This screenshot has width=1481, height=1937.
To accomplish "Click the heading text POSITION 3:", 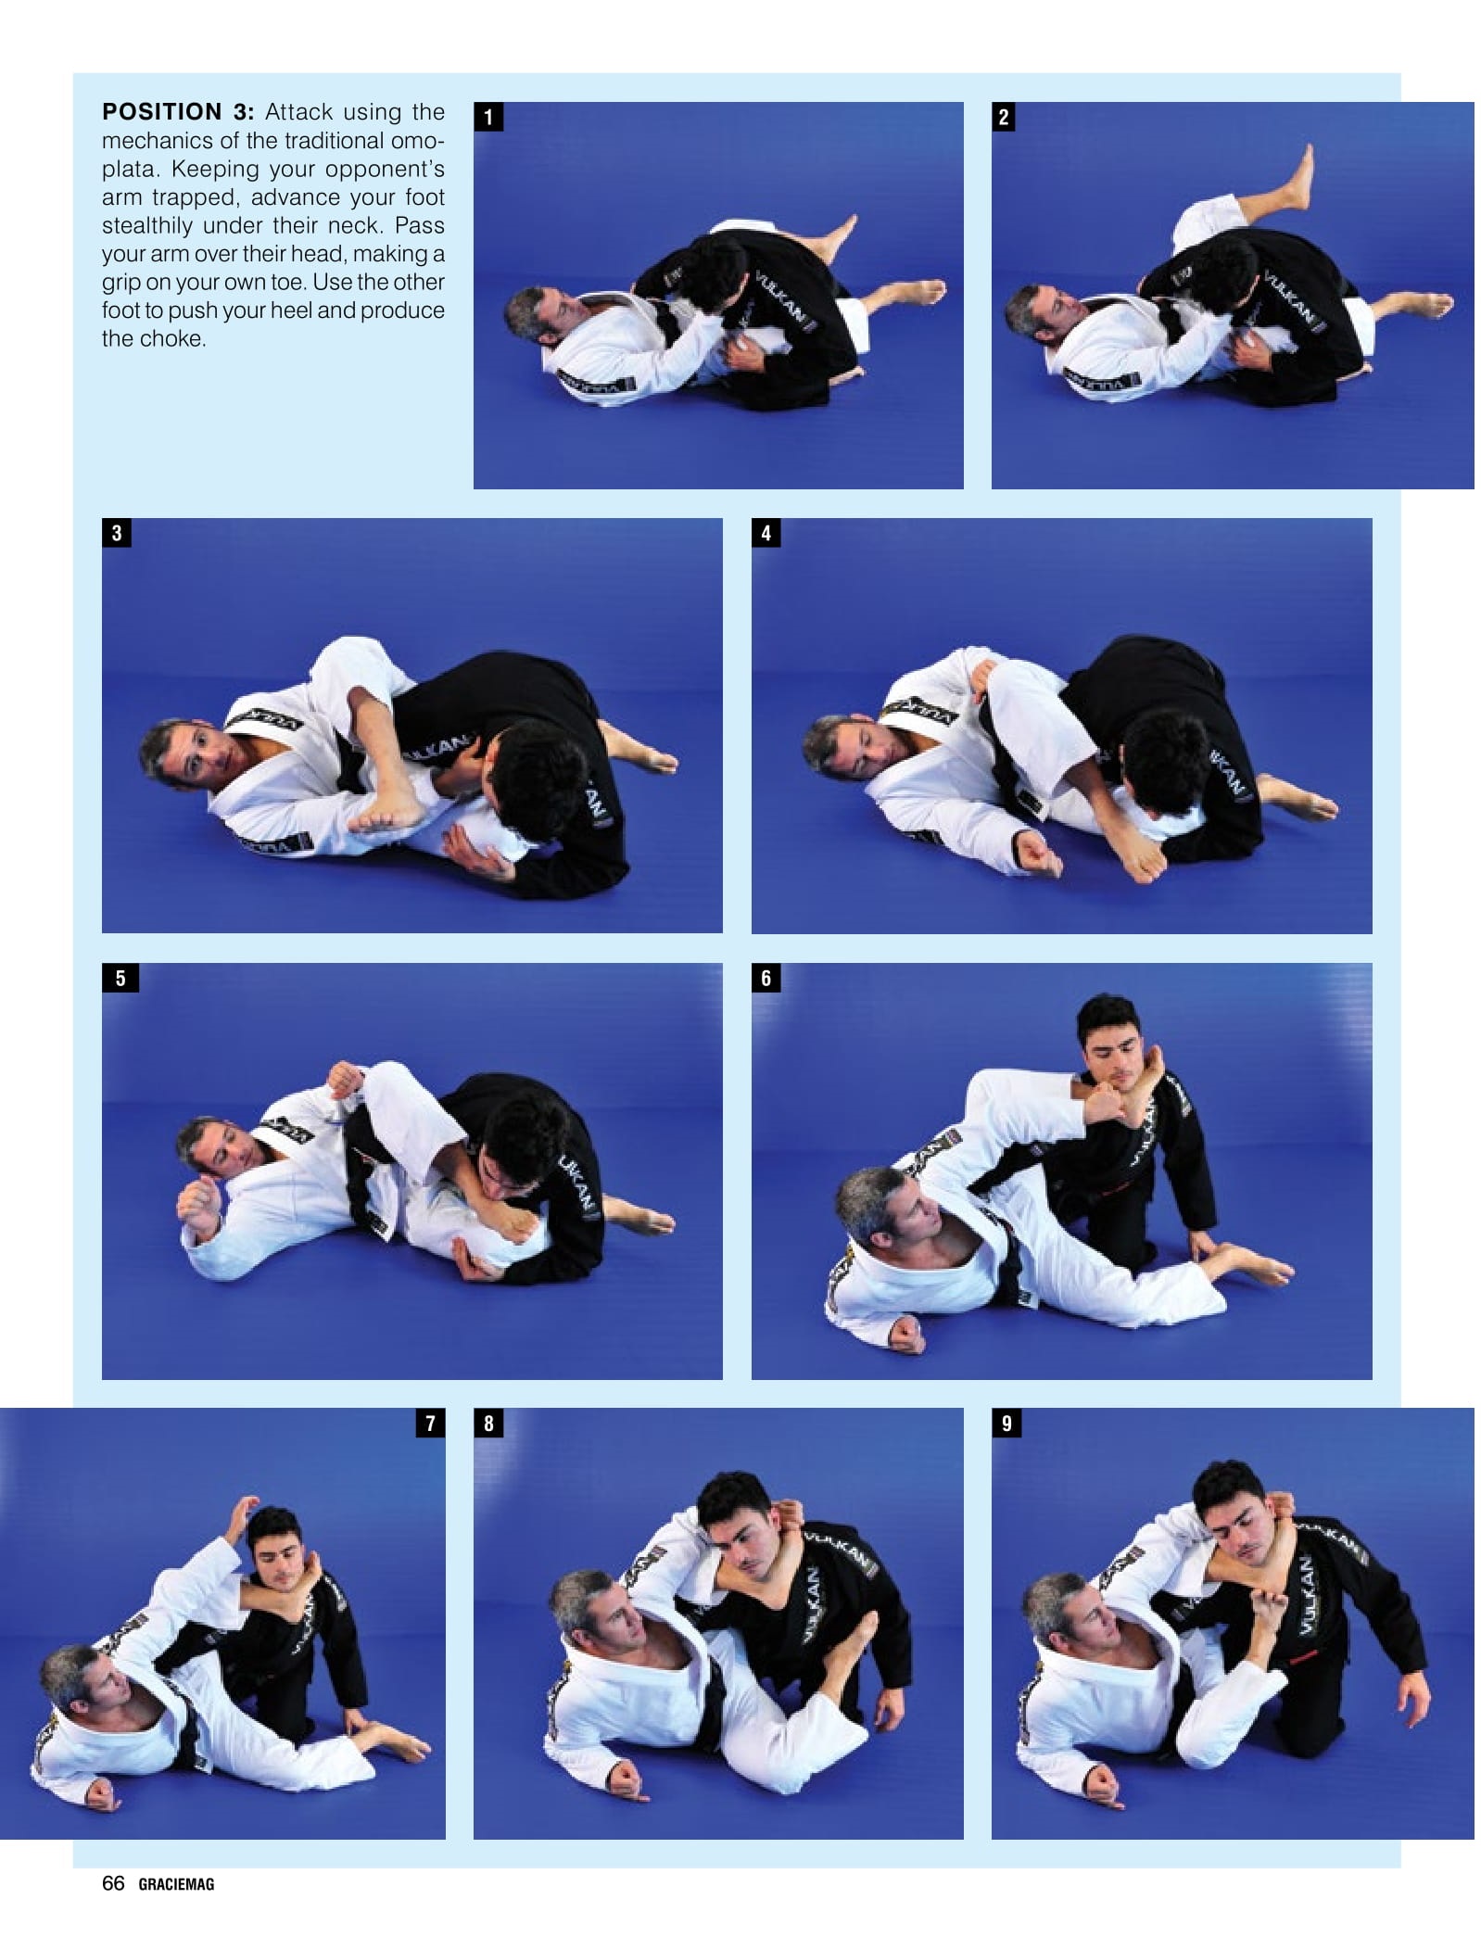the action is click(177, 112).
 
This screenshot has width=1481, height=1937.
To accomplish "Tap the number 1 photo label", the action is click(488, 117).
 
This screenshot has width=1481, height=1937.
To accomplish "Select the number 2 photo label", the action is click(1004, 117).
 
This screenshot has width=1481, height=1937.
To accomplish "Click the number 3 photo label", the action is click(117, 533).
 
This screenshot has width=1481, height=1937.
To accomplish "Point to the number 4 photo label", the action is click(766, 533).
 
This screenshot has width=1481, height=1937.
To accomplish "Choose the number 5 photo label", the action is click(120, 978).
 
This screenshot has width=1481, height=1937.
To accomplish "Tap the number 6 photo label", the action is click(766, 978).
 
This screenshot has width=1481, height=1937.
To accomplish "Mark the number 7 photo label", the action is click(430, 1423).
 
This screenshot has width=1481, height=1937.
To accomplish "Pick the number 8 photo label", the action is click(488, 1423).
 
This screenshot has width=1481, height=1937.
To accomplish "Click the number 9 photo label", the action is click(1006, 1423).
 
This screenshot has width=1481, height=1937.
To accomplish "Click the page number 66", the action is click(113, 1882).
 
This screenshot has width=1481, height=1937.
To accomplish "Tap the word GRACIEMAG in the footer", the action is click(176, 1884).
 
